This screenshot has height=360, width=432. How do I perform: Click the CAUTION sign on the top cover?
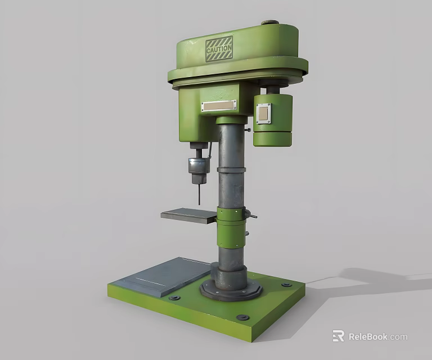(219, 49)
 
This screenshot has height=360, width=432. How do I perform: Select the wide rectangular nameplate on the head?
(219, 105)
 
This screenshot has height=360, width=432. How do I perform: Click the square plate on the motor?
(263, 113)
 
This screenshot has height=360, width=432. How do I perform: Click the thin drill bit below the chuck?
(199, 195)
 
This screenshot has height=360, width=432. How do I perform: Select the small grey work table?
(188, 215)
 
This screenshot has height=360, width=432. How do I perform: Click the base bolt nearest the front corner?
(244, 317)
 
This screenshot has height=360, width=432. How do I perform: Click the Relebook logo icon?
(338, 336)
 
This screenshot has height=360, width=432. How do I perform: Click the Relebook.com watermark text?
(377, 337)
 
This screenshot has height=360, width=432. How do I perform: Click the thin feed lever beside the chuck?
(210, 151)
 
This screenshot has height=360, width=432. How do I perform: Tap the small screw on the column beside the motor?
(247, 130)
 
